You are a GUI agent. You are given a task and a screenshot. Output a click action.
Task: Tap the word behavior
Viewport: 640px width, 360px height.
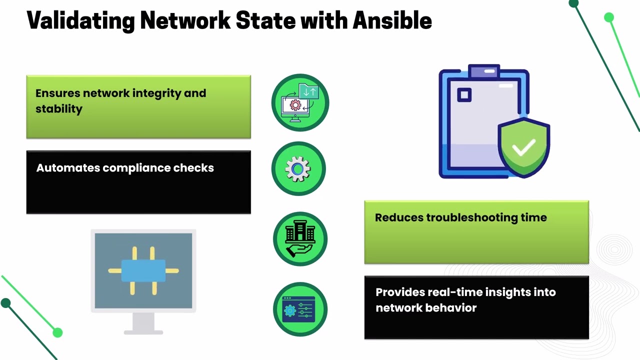[453, 307]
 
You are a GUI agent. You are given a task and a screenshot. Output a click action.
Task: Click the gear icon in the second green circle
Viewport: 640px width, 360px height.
[298, 169]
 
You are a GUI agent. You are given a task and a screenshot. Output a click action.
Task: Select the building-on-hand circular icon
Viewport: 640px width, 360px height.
[300, 238]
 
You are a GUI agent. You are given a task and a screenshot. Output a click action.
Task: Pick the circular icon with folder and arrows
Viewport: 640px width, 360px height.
[300, 102]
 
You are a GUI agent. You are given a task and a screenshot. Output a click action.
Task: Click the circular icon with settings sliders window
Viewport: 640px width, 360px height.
[300, 309]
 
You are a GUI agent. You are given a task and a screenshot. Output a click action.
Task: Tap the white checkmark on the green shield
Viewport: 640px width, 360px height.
[523, 147]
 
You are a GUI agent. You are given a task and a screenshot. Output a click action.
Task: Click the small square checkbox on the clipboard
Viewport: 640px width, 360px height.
[464, 95]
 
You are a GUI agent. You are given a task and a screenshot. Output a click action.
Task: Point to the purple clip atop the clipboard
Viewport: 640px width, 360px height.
[484, 72]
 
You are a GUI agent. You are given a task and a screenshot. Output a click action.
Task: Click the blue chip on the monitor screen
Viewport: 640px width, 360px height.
[143, 270]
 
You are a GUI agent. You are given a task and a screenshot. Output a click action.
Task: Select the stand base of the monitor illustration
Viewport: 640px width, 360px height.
[143, 331]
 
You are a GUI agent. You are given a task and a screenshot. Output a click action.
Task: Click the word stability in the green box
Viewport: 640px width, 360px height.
[59, 109]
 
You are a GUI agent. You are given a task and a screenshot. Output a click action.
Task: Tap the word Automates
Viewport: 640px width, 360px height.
[68, 168]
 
